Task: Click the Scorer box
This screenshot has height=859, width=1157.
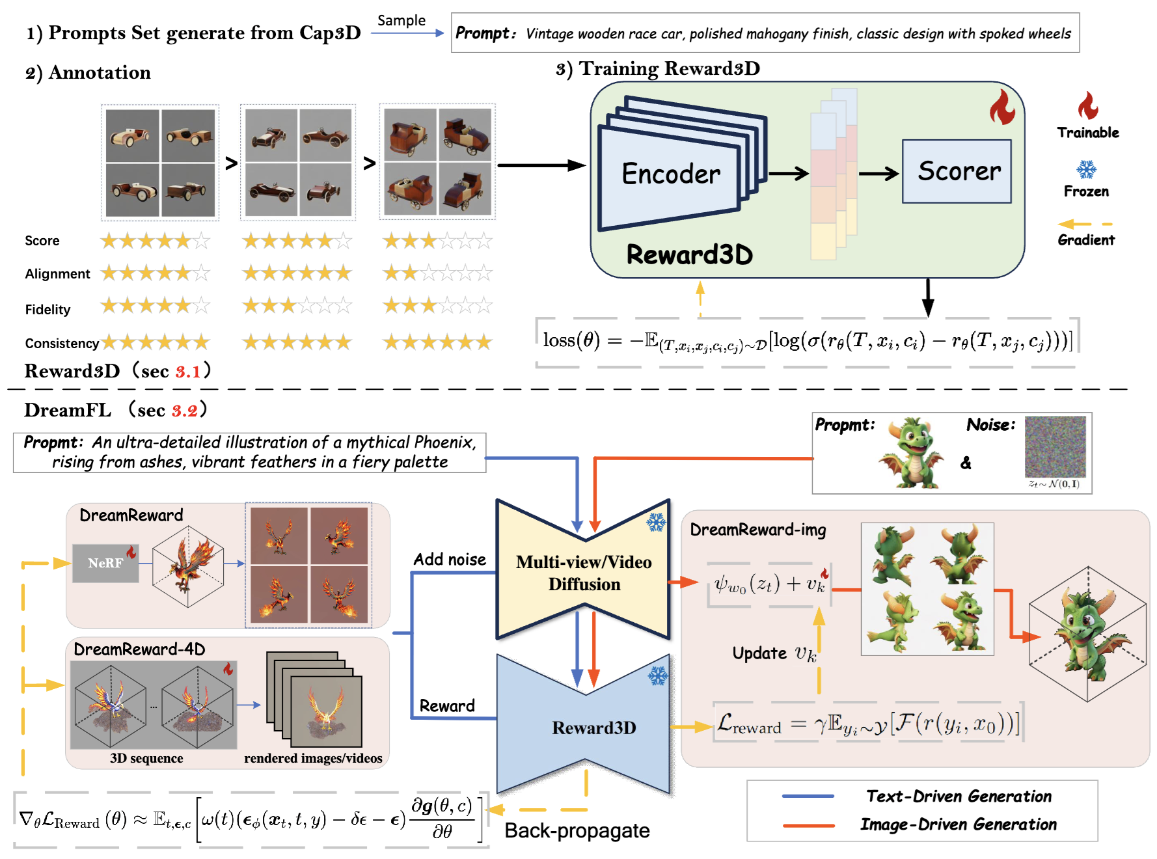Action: [x=956, y=172]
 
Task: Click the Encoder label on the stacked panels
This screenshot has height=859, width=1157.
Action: [x=670, y=174]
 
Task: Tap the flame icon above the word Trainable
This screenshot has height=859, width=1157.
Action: [x=1087, y=105]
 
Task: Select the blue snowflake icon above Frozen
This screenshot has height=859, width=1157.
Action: [x=1086, y=170]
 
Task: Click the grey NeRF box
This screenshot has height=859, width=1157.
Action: [x=105, y=563]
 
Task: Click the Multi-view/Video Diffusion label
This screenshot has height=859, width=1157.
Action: [x=584, y=573]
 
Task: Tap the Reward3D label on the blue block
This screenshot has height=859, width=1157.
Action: [x=593, y=728]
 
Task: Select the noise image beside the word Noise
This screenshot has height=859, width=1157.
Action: [x=1055, y=447]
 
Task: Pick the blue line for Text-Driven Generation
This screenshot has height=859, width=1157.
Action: [x=808, y=796]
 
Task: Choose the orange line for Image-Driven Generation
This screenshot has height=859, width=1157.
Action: [x=808, y=825]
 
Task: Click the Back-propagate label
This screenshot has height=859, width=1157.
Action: [x=577, y=831]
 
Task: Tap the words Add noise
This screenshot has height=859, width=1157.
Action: [x=450, y=560]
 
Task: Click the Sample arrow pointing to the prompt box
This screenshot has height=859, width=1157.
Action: [x=407, y=33]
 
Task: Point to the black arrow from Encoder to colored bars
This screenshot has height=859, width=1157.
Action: [x=788, y=174]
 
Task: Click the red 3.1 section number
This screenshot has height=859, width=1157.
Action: [x=188, y=372]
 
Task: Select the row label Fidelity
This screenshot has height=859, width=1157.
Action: [x=48, y=310]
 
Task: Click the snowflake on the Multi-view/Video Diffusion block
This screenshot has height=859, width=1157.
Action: [x=656, y=522]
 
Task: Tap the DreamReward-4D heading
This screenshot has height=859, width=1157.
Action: [x=139, y=649]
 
